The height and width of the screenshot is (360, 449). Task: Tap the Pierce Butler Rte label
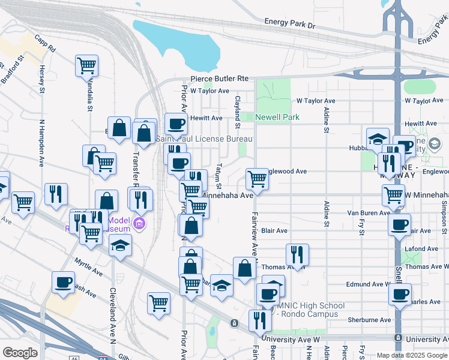coord(220,79)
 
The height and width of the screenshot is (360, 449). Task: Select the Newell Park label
coord(277,118)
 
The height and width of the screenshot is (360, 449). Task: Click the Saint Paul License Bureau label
coord(204,139)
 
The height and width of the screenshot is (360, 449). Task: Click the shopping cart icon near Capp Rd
coord(87,65)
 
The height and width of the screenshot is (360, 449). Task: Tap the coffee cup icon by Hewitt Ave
coord(176,124)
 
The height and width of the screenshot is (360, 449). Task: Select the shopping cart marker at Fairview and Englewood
coord(257,179)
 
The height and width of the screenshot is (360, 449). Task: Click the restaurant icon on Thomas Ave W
coord(297,254)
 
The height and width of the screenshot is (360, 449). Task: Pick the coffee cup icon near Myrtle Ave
coord(63,281)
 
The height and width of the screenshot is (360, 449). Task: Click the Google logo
coord(20,353)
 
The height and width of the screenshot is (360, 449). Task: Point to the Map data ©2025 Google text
coord(411,355)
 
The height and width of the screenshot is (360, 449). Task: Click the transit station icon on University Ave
coord(234,323)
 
